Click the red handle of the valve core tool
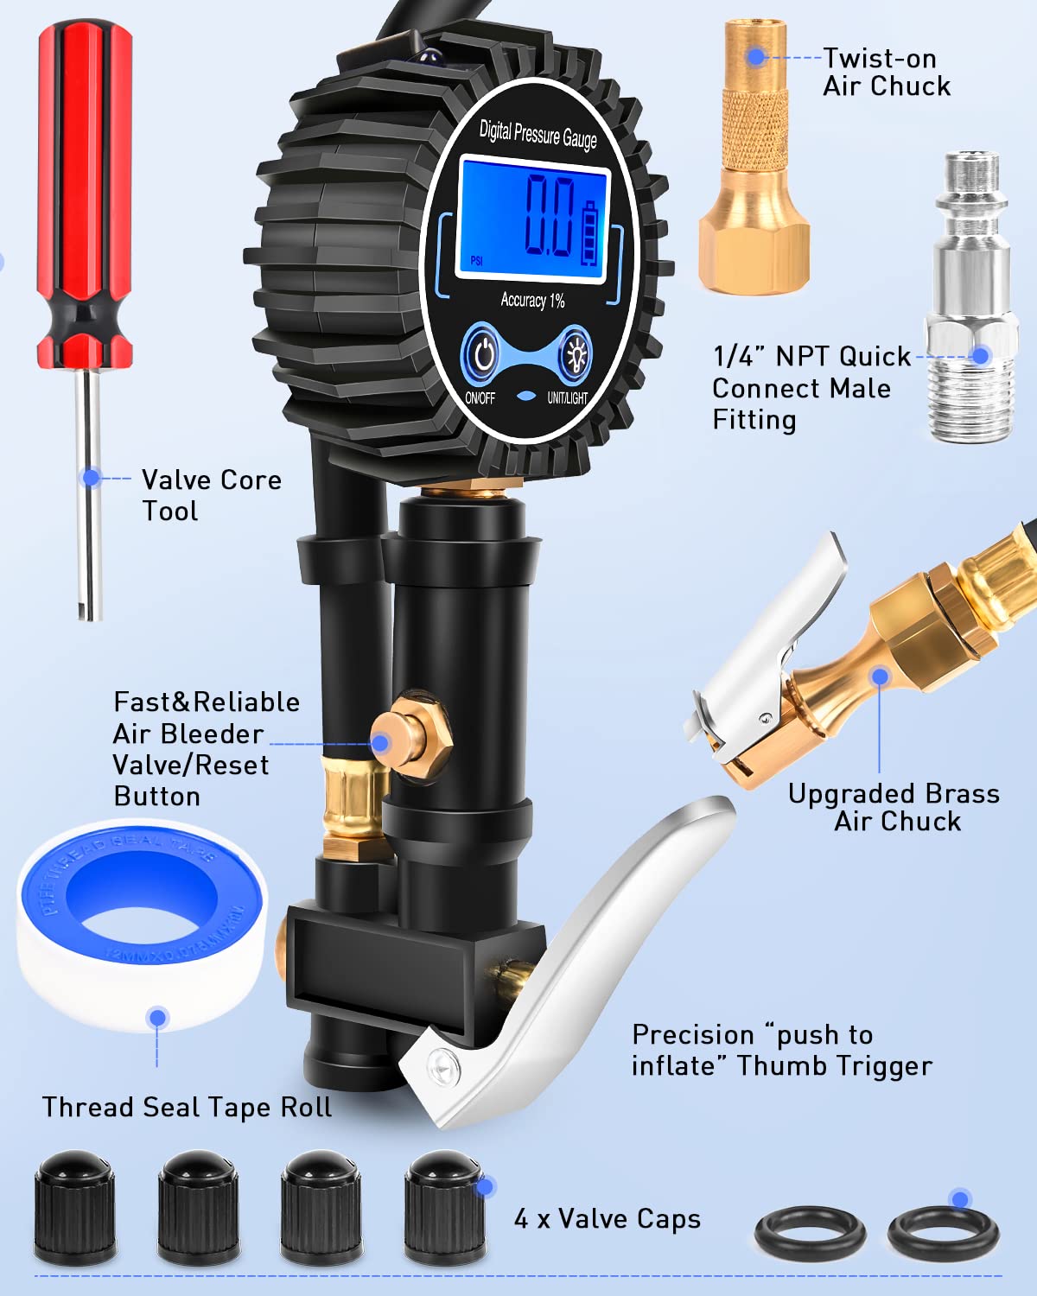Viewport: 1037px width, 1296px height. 84,190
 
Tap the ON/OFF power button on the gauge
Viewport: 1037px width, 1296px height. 482,353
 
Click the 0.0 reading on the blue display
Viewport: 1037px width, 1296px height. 550,216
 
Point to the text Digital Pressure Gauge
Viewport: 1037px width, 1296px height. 538,133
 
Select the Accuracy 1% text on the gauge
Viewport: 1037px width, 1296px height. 532,300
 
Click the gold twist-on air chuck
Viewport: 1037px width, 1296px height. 754,164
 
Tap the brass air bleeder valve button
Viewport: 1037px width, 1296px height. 415,734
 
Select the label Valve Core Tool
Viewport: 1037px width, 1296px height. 211,495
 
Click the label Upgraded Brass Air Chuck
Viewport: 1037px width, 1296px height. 894,807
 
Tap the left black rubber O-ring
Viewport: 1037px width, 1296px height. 810,1233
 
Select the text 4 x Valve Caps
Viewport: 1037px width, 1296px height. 607,1219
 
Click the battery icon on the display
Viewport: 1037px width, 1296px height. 591,233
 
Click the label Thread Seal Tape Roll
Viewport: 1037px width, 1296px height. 187,1107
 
